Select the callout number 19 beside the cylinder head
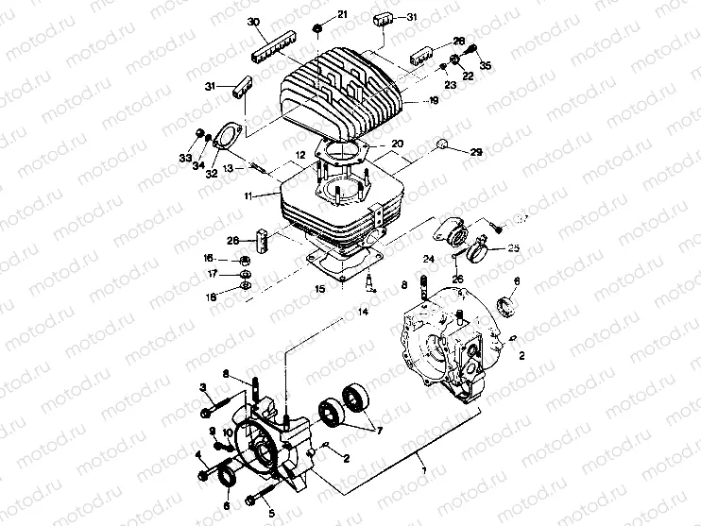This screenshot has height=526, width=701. [434, 100]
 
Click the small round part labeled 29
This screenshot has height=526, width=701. [440, 144]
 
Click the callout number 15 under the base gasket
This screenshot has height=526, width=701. [318, 288]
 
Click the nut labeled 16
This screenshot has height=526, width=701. [242, 261]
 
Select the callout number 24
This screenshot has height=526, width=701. [427, 258]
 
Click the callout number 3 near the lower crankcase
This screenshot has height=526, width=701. [202, 387]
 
